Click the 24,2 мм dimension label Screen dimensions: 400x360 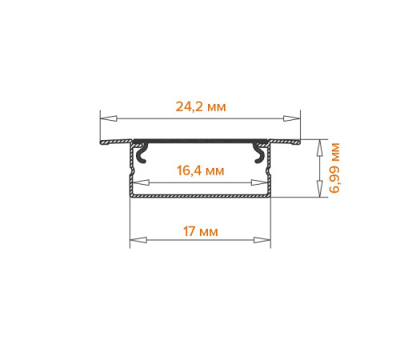pyautogui.click(x=201, y=106)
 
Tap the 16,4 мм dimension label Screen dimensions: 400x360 pyautogui.click(x=201, y=170)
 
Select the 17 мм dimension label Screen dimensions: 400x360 pyautogui.click(x=201, y=231)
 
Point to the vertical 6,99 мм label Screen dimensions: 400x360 pyautogui.click(x=334, y=168)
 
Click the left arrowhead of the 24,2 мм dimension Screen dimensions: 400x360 pyautogui.click(x=109, y=118)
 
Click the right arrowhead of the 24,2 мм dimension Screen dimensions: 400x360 pyautogui.click(x=292, y=118)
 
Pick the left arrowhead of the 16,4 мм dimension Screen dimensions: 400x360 pyautogui.click(x=141, y=182)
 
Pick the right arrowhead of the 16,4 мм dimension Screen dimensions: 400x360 pyautogui.click(x=259, y=182)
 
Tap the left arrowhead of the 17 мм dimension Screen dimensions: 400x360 pyautogui.click(x=138, y=240)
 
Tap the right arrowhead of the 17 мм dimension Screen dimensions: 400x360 pyautogui.click(x=262, y=240)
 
